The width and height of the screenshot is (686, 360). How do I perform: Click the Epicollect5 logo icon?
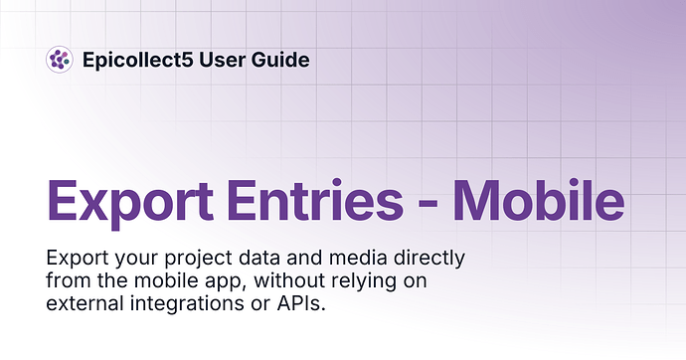(60, 60)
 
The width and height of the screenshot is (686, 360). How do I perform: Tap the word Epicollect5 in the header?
(138, 60)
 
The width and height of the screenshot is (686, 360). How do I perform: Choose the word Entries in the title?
(315, 200)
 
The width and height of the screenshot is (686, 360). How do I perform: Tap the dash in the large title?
(428, 204)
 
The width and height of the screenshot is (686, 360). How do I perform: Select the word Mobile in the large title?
(539, 199)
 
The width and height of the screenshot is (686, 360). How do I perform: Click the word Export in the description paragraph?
(78, 259)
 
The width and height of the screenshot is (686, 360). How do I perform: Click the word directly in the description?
(429, 259)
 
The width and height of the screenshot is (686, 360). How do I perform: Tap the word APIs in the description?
(301, 303)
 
